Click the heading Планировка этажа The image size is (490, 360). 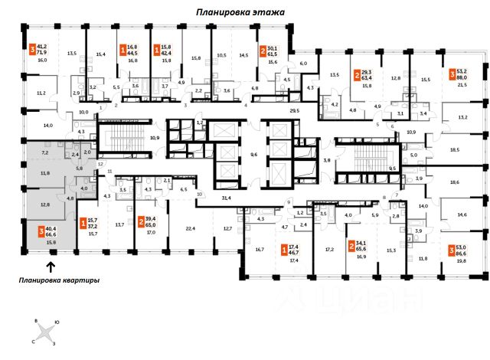pos(240,12)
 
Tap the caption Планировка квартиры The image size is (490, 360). pos(60,280)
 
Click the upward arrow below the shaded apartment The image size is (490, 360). pos(51,266)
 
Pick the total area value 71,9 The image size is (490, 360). pos(43,52)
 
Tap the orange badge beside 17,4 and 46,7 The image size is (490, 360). pos(286,248)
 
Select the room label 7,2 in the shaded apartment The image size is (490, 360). pos(44,153)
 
